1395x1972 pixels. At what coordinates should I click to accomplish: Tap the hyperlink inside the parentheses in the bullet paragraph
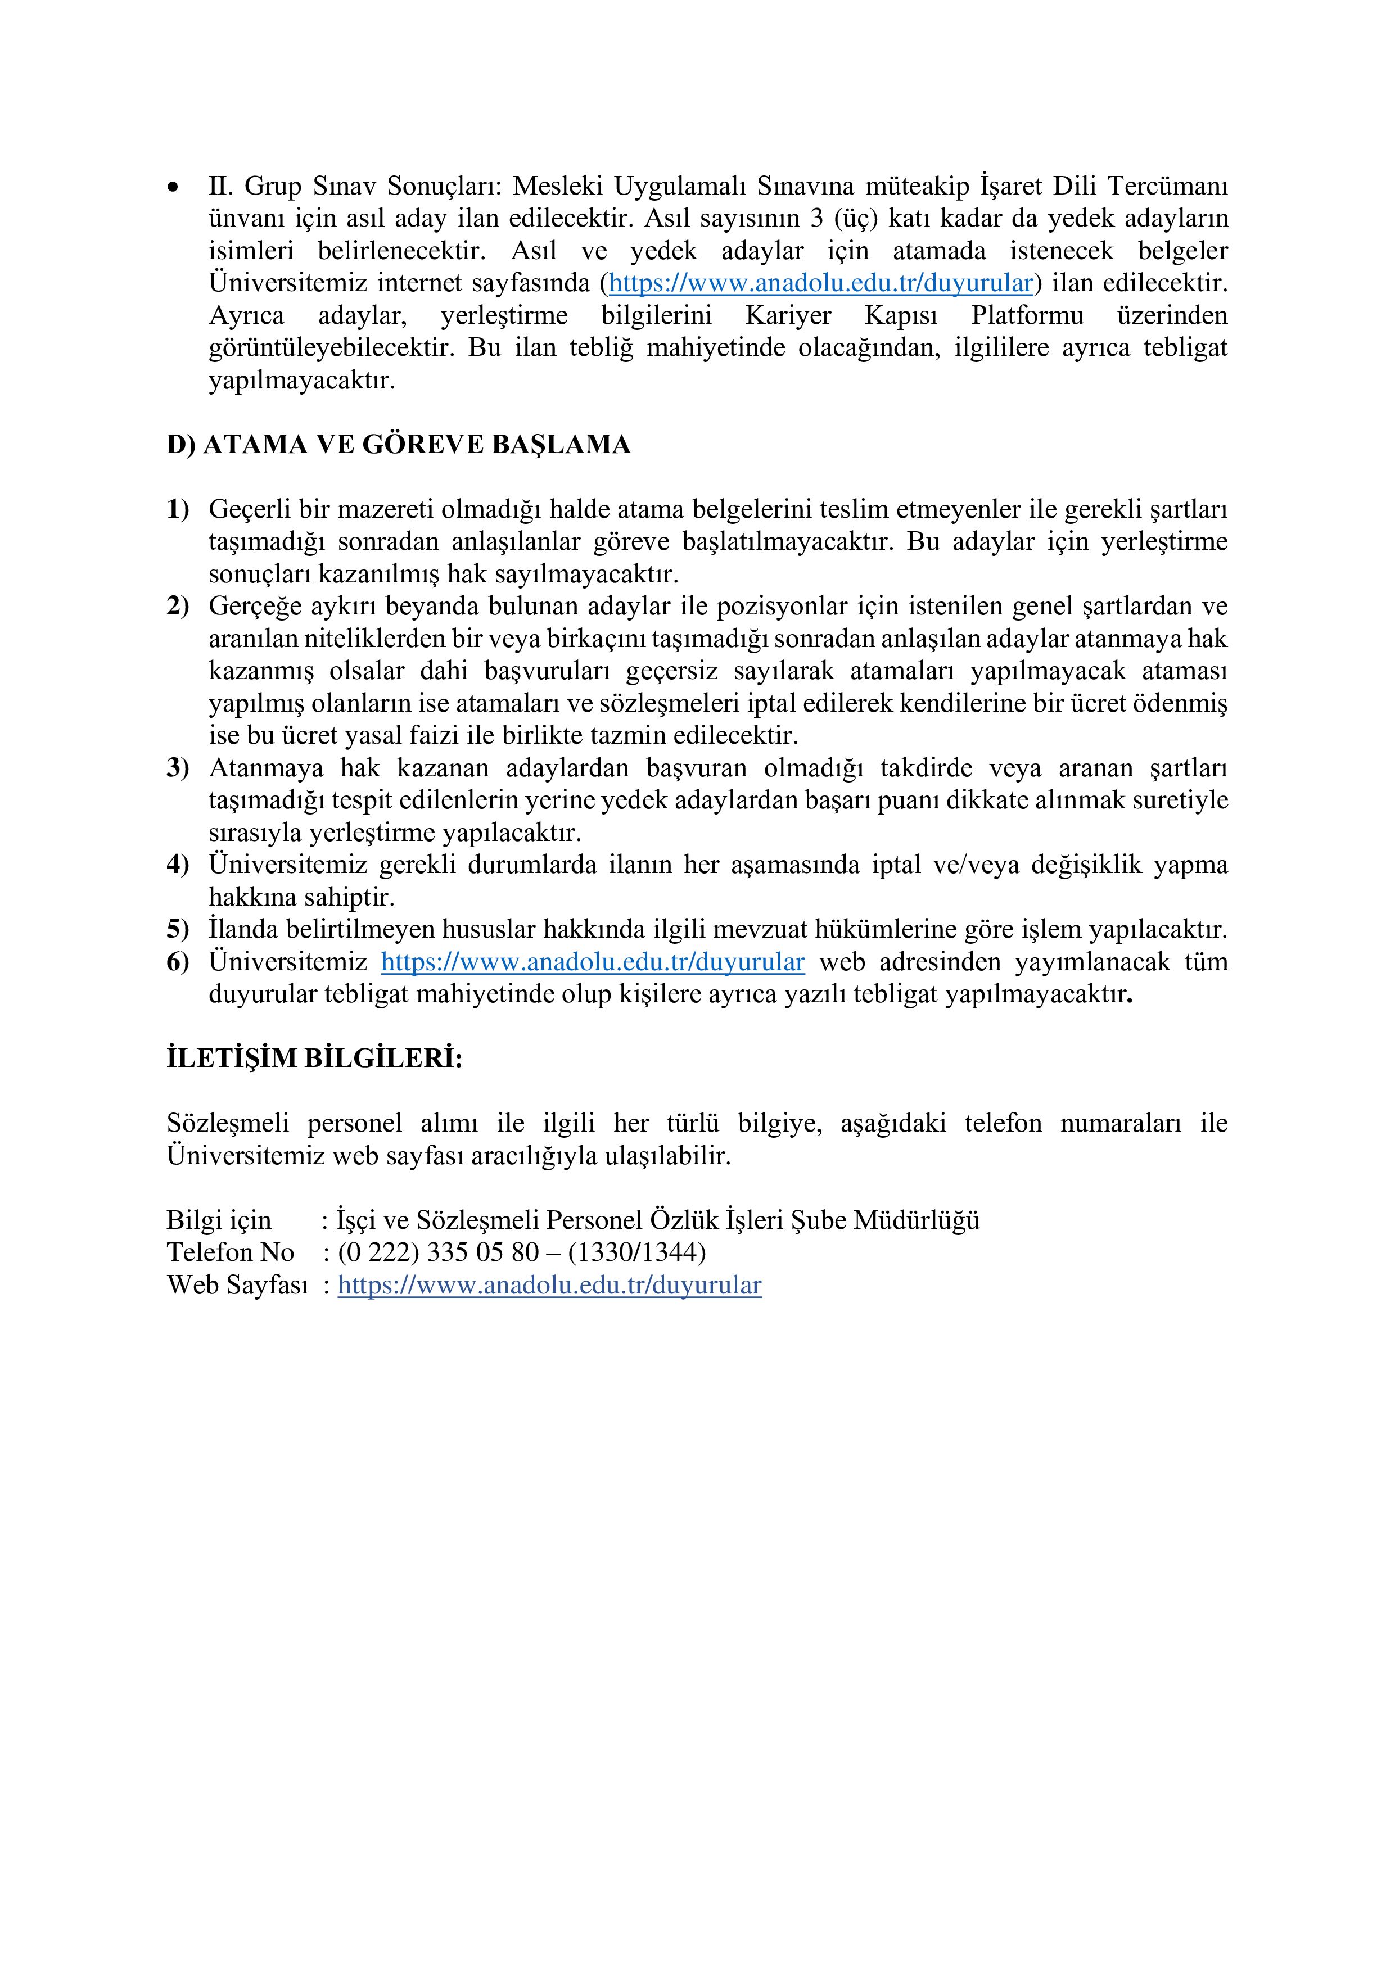click(820, 283)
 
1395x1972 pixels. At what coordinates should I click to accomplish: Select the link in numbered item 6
click(593, 962)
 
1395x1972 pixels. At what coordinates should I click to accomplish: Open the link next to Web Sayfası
click(550, 1286)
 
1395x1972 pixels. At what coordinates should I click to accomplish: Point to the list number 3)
click(178, 768)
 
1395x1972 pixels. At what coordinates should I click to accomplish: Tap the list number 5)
click(178, 929)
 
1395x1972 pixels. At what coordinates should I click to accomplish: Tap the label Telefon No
click(230, 1253)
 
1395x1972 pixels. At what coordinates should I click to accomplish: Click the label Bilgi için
click(219, 1220)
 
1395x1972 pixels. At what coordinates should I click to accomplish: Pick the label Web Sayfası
click(237, 1286)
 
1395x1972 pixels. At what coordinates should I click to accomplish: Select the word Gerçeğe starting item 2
click(249, 607)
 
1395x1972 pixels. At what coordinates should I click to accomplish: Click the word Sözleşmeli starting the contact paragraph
click(228, 1123)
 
